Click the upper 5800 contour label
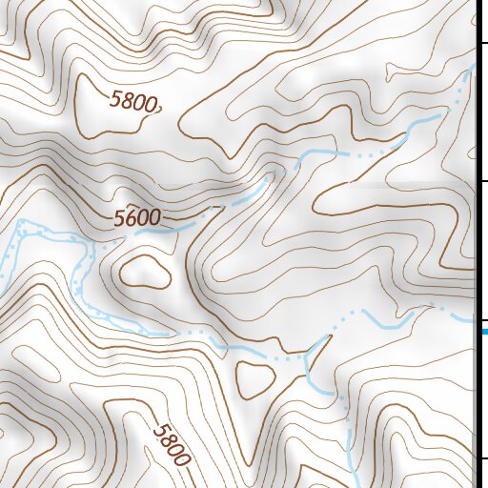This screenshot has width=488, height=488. click(x=133, y=101)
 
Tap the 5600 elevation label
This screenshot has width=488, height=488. click(x=137, y=218)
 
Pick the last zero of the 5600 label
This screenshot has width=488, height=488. click(x=154, y=216)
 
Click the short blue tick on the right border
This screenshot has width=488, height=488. click(x=484, y=331)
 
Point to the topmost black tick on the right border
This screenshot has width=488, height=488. click(x=483, y=42)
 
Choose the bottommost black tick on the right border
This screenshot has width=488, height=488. click(x=483, y=458)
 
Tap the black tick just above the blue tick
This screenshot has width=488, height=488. click(x=483, y=319)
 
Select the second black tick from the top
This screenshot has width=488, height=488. click(x=483, y=180)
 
